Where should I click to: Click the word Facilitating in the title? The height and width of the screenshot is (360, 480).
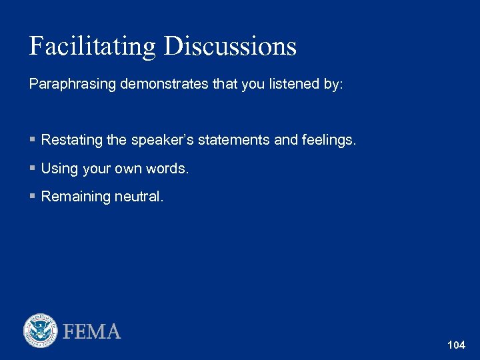pos(92,46)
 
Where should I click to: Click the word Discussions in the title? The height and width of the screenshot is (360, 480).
pos(230,46)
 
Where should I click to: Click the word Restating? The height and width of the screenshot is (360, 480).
pos(72,140)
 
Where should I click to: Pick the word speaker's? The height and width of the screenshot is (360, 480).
pos(159,140)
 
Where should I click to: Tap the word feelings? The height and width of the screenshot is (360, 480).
pos(327,140)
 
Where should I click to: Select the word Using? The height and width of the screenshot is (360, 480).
pos(59,169)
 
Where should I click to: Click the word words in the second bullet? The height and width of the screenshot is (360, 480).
pos(169,169)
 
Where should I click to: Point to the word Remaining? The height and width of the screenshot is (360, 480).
pos(73,197)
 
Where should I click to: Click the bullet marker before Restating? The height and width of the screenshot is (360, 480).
pos(32,140)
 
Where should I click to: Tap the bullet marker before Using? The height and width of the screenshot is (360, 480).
pos(32,169)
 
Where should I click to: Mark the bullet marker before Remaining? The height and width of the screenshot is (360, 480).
pos(32,197)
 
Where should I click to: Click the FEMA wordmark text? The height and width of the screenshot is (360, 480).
pos(92,331)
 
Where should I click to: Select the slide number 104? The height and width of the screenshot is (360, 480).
pos(457,345)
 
